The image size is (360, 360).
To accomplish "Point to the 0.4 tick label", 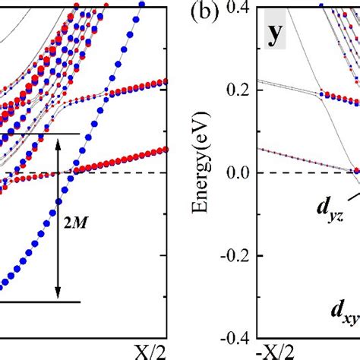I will [x=242, y=8].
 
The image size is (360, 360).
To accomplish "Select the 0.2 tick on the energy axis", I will [x=242, y=90].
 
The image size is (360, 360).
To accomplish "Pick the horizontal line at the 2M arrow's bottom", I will [x=38, y=302].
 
